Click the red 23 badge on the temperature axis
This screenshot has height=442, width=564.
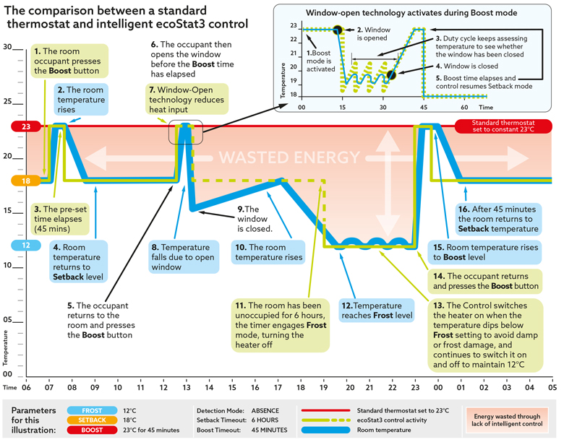tap(26, 126)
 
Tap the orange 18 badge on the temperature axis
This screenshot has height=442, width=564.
tap(26, 181)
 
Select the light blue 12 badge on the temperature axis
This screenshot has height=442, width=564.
tap(26, 245)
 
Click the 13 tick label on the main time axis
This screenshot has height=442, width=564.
tap(187, 387)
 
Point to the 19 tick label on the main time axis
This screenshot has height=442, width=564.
tap(324, 387)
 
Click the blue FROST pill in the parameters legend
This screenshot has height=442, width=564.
tap(92, 410)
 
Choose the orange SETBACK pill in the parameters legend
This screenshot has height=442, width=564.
tap(92, 420)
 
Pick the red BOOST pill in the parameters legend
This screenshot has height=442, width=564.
tap(92, 430)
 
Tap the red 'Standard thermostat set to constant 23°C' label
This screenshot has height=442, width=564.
tap(503, 126)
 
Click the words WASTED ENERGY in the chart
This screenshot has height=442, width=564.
tap(289, 157)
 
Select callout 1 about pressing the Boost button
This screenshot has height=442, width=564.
tap(69, 61)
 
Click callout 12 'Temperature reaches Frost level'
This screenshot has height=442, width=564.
tap(377, 311)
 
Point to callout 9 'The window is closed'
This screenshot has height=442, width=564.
tap(255, 219)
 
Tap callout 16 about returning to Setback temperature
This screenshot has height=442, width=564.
tap(498, 219)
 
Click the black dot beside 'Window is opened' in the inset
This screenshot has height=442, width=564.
tap(338, 30)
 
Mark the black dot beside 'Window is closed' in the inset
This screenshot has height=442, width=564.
tap(391, 75)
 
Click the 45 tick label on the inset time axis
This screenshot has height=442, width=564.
tap(424, 108)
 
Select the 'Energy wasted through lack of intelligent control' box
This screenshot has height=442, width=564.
tap(507, 420)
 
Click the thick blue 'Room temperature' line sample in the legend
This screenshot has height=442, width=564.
tap(325, 430)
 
